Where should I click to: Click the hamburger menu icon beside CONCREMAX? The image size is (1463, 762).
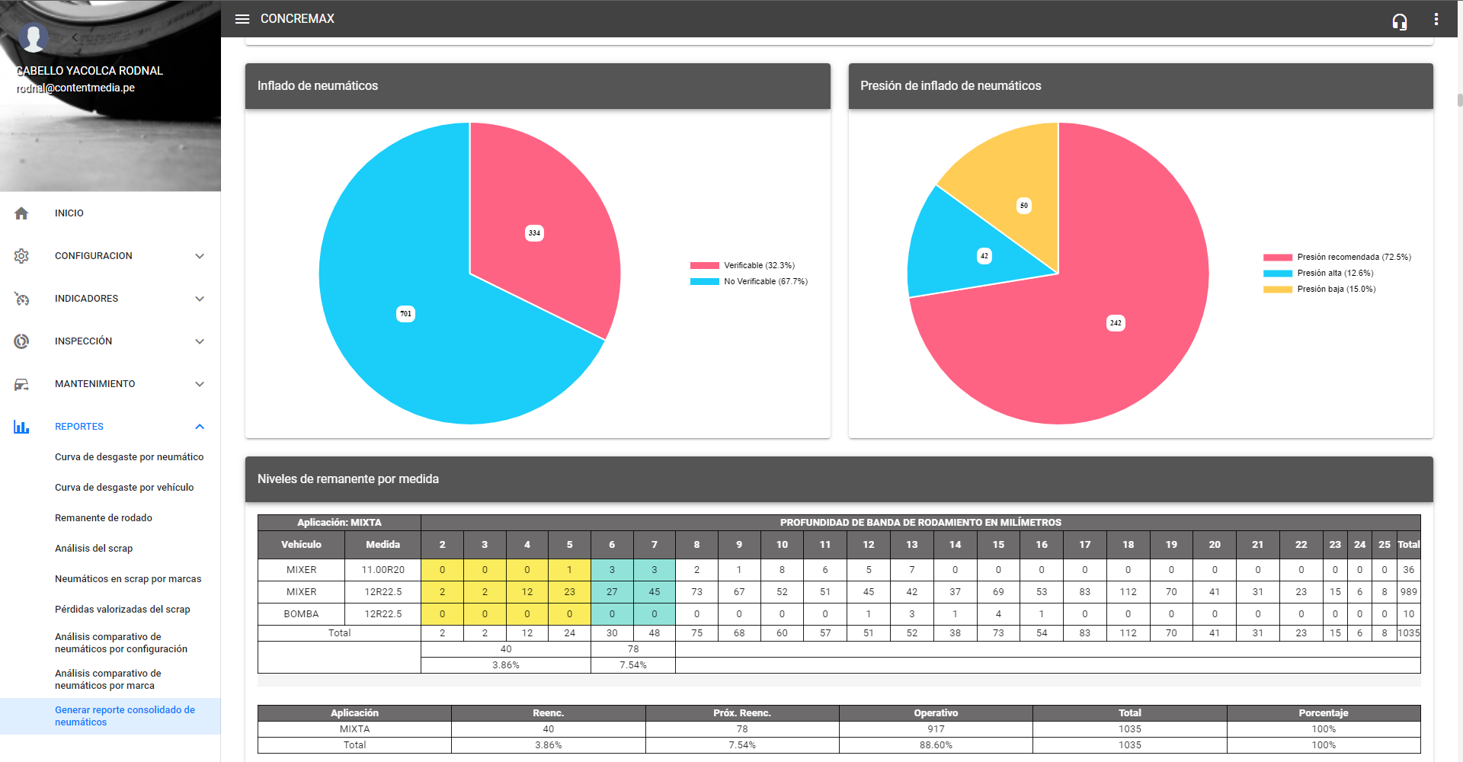pyautogui.click(x=242, y=19)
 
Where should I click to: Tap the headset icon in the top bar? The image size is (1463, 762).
pyautogui.click(x=1399, y=21)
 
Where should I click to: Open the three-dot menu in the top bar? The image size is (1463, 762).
pyautogui.click(x=1436, y=20)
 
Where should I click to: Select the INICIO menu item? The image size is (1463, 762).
pyautogui.click(x=69, y=213)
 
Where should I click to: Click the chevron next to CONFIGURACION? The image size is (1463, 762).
pyautogui.click(x=200, y=256)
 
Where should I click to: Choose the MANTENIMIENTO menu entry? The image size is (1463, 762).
pyautogui.click(x=95, y=384)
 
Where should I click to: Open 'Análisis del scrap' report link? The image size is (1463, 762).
pyautogui.click(x=94, y=549)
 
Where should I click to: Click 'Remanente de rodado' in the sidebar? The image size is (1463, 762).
pyautogui.click(x=104, y=518)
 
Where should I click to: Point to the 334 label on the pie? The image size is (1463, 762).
pyautogui.click(x=534, y=233)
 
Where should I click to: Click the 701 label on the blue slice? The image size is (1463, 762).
pyautogui.click(x=405, y=314)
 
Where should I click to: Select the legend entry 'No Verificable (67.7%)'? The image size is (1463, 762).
pyautogui.click(x=765, y=282)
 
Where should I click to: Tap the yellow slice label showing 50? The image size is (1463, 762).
pyautogui.click(x=1023, y=206)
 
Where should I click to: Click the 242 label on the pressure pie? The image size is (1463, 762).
pyautogui.click(x=1115, y=323)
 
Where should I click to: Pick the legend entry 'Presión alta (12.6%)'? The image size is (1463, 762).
pyautogui.click(x=1335, y=274)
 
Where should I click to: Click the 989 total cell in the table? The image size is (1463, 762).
pyautogui.click(x=1408, y=592)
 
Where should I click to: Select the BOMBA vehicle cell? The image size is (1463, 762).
pyautogui.click(x=301, y=614)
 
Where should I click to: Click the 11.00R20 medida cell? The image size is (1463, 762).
pyautogui.click(x=383, y=570)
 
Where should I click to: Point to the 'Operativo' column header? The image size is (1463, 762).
pyautogui.click(x=936, y=713)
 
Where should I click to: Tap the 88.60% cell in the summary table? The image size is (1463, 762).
pyautogui.click(x=936, y=745)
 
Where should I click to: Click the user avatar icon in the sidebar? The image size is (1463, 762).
pyautogui.click(x=33, y=37)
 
